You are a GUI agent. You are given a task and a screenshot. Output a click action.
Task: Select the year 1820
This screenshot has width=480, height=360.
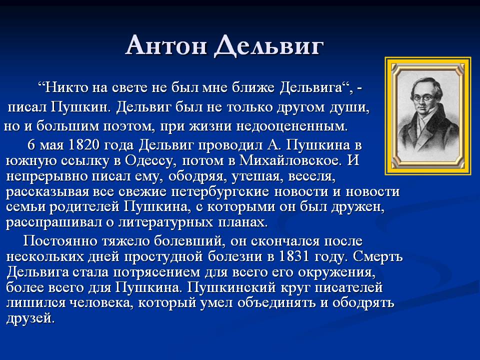pos(84,145)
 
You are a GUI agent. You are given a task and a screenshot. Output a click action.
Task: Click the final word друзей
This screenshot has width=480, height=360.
pos(30,318)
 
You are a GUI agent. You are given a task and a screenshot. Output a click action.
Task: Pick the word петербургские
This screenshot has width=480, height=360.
pos(220,191)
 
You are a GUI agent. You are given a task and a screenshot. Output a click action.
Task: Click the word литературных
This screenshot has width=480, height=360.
pos(165,222)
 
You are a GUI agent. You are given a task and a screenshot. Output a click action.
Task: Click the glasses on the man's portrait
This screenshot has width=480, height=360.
pos(423,97)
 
